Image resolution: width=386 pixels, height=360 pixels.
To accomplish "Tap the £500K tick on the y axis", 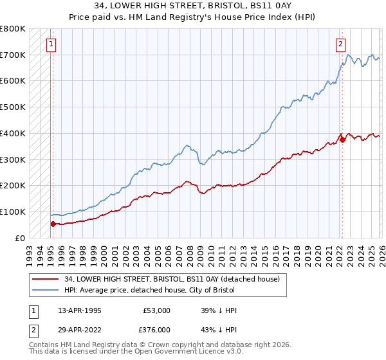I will (13, 107).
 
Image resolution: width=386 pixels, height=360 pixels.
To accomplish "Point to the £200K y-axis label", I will (13, 186).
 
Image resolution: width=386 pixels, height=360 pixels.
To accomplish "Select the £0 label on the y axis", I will (19, 238).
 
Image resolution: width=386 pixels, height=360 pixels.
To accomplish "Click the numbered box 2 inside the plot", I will (340, 44).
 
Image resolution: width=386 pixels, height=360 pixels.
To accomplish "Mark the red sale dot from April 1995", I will (53, 224).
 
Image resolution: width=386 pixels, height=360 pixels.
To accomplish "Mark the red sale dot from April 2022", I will (342, 139).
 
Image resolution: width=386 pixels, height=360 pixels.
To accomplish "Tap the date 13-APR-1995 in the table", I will (80, 310).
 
